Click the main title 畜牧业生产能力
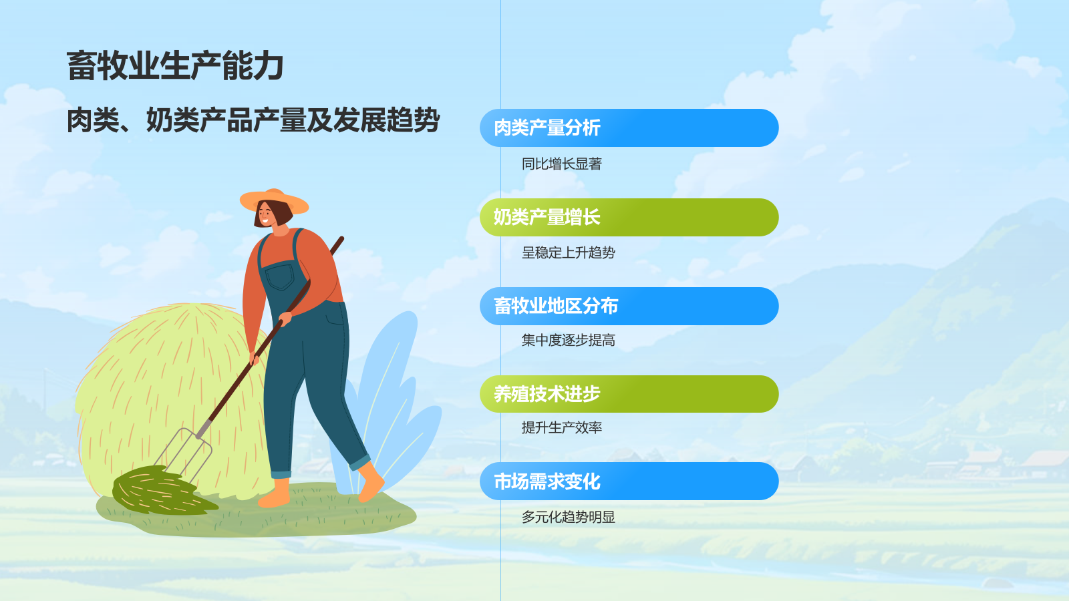[175, 66]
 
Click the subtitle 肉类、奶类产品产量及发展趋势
[253, 121]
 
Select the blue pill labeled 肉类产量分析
[629, 128]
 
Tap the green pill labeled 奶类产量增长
[629, 217]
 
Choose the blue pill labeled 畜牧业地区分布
[629, 306]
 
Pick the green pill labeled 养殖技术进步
[629, 394]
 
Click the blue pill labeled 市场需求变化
[629, 481]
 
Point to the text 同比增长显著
[561, 164]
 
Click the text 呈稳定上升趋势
[568, 253]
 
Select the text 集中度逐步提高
[568, 341]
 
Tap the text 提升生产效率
[561, 428]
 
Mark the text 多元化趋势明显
[568, 518]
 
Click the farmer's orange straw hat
[274, 199]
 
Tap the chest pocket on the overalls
[279, 276]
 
